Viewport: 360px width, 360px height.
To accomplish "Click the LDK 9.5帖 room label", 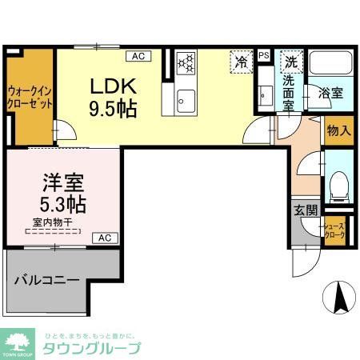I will point(111,96).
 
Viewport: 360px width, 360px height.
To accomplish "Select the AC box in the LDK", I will point(138,55).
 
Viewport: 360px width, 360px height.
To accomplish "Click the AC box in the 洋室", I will point(105,238).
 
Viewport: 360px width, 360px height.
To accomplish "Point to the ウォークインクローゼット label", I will point(30,97).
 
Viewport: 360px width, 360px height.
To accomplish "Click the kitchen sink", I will point(187,99).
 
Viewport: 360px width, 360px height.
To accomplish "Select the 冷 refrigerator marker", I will point(240,61).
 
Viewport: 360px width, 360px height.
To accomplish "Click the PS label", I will point(264,55).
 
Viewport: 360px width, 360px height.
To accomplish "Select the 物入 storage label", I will point(338,130).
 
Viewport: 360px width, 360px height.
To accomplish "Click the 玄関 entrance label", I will point(304,210).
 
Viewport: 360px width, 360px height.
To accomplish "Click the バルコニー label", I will point(47,282).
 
